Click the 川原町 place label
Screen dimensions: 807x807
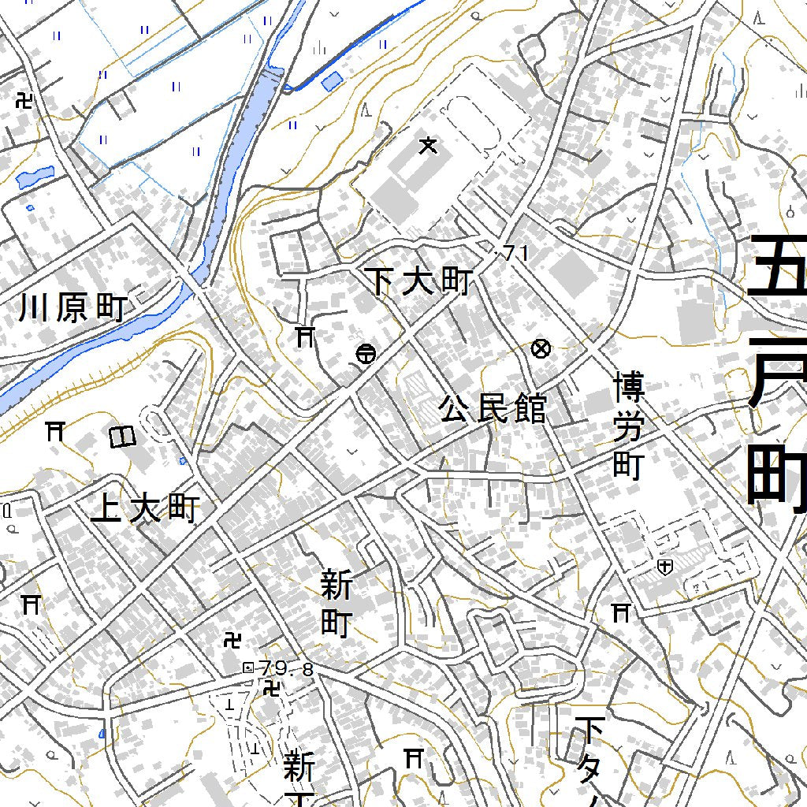point(73,307)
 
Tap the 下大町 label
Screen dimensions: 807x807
point(420,281)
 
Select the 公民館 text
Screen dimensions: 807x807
point(493,409)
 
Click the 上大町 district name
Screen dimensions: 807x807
point(145,509)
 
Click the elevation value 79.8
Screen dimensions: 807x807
point(285,669)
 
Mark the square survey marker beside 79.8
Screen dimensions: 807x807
point(248,668)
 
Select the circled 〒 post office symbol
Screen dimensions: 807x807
point(365,354)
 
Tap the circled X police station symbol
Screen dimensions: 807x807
point(541,348)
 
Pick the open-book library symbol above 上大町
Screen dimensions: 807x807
point(122,437)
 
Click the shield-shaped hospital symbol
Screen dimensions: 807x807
point(665,566)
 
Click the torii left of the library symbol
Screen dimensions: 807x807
point(54,430)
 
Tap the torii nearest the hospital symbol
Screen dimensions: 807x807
point(621,612)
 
